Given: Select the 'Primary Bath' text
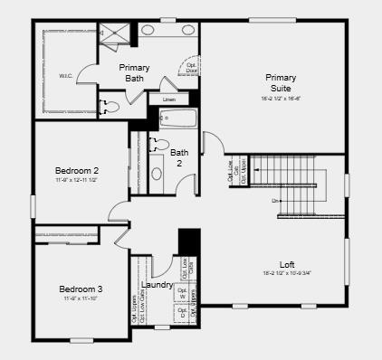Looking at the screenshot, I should pos(135,72).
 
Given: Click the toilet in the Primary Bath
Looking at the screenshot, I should pos(110,107).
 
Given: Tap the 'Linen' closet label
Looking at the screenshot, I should pos(169,99).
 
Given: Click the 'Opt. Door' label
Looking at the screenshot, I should pos(192,67).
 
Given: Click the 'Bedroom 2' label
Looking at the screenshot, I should pos(77,170).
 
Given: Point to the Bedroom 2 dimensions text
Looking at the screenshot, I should pos(77,181).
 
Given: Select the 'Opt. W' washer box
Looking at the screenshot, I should pos(183,294).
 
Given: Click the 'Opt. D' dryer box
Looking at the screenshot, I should pos(183,314).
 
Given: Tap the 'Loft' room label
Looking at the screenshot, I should pos(286,264).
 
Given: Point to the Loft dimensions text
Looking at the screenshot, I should pos(286,274).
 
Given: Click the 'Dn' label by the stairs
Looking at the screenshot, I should pos(276,200).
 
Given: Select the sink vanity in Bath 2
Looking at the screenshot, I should pos(155,174).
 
